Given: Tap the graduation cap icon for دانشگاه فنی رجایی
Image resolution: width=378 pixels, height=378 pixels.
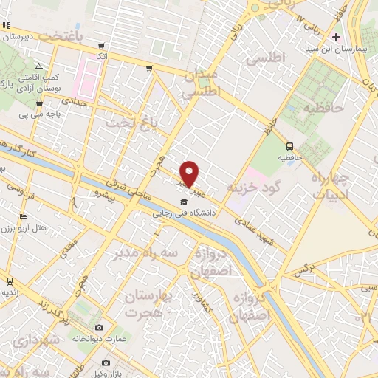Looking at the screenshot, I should click(x=182, y=202).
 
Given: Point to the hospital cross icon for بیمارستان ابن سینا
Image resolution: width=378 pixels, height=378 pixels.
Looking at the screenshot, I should click(x=337, y=37).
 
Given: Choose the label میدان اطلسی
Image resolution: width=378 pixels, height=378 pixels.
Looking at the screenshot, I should click(x=202, y=86).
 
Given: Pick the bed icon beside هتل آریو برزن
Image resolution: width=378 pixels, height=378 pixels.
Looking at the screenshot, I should click(x=22, y=216).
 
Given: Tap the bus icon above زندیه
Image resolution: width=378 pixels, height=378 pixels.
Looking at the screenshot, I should click(x=10, y=281).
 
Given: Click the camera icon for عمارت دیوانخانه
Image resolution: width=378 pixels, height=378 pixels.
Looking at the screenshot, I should click(x=100, y=327).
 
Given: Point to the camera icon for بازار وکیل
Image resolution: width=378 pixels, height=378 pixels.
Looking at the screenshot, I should click(x=106, y=362).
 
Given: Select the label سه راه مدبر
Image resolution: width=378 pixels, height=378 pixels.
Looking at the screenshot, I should click(x=145, y=253).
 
